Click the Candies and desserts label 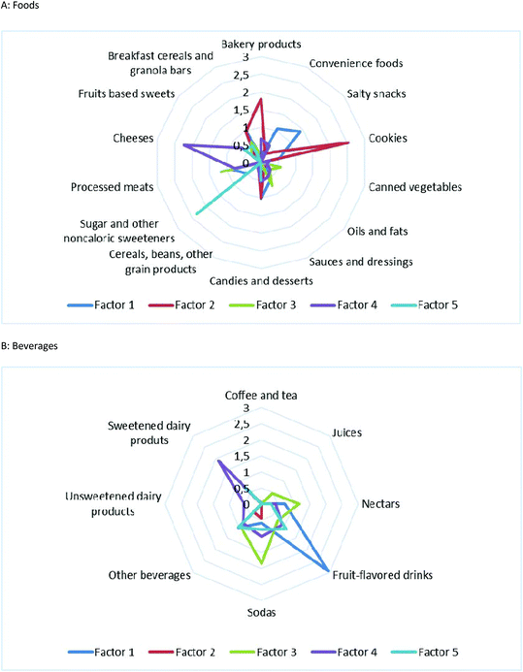(261, 281)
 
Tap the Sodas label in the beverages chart (261, 614)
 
